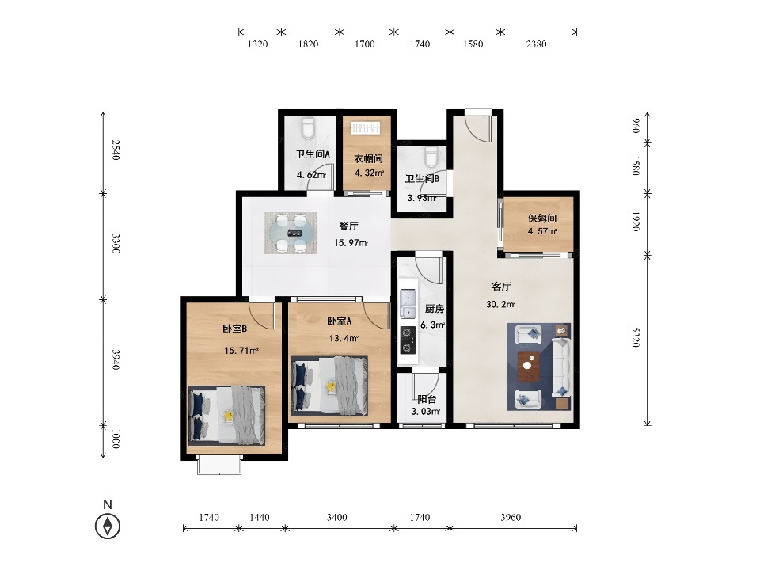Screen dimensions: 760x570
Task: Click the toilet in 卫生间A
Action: click(308, 128)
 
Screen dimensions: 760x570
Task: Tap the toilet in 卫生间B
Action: click(431, 157)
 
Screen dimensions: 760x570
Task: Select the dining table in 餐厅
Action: click(291, 233)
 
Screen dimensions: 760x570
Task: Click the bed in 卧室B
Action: click(227, 415)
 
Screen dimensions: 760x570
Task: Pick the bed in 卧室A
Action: click(329, 386)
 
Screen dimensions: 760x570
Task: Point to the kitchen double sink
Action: click(408, 303)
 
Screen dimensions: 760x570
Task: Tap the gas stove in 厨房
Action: click(408, 340)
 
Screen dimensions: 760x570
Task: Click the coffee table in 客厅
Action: click(529, 367)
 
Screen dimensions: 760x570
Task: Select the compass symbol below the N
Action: click(108, 526)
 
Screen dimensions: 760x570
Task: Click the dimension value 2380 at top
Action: click(536, 44)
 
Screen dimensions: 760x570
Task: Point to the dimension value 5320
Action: click(636, 337)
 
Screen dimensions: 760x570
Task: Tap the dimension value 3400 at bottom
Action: click(337, 517)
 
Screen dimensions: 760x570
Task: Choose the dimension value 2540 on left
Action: click(116, 150)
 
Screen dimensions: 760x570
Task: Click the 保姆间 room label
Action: click(541, 218)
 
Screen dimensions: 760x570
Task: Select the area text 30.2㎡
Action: click(500, 304)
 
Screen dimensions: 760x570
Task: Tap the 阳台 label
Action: click(427, 399)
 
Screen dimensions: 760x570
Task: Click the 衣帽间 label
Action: click(368, 159)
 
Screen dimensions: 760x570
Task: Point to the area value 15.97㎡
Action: click(351, 242)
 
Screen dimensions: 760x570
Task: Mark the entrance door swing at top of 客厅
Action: click(478, 127)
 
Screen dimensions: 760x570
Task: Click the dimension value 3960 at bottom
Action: click(511, 517)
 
